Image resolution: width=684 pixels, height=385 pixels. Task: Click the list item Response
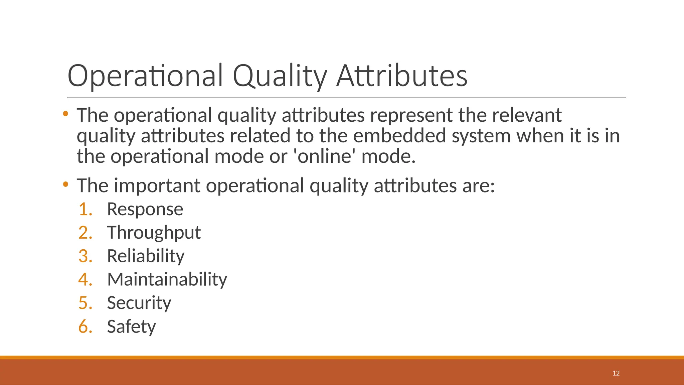point(145,210)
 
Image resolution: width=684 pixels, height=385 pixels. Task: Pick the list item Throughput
point(154,233)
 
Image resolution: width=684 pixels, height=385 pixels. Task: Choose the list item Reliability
point(146,256)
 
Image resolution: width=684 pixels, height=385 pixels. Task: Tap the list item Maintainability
point(167,279)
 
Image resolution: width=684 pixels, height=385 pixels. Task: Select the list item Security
point(139,303)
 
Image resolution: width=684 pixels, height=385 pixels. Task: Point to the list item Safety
point(131,327)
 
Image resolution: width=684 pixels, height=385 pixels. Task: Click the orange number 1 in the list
point(85,210)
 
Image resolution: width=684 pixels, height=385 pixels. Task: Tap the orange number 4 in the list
point(85,279)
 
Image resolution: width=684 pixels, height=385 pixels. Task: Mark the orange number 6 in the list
point(85,327)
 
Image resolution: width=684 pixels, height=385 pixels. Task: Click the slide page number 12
point(616,373)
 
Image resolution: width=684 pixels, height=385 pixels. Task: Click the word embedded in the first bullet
point(399,136)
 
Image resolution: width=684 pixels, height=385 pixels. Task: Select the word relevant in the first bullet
point(527,115)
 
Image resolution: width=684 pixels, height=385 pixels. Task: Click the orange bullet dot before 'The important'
point(65,184)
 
